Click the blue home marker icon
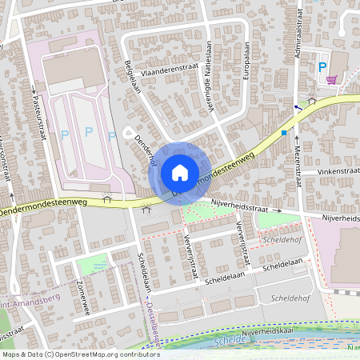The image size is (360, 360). coord(180,172)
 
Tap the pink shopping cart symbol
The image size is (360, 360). coord(331,80)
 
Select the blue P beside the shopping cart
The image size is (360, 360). coord(322,67)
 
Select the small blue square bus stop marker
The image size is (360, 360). coord(284,133)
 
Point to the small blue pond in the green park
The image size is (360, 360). coord(98,265)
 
